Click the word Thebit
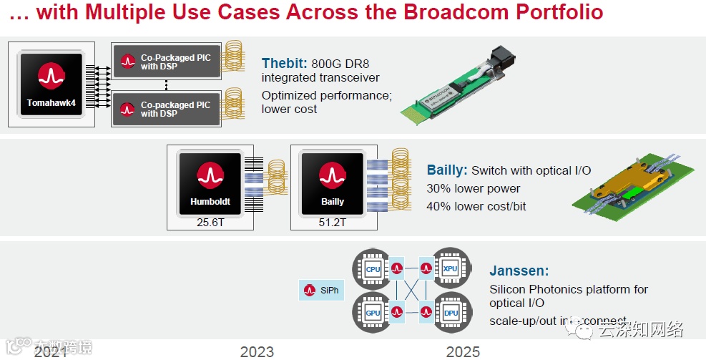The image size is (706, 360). coord(284,63)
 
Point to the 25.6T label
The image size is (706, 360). coord(211,223)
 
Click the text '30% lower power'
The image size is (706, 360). coord(474,189)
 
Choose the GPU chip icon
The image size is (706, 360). coord(373,313)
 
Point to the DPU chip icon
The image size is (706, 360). coord(450,313)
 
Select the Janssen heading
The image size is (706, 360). coord(519,271)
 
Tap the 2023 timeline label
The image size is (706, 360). coord(257,351)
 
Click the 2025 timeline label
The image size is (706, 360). coord(463,351)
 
